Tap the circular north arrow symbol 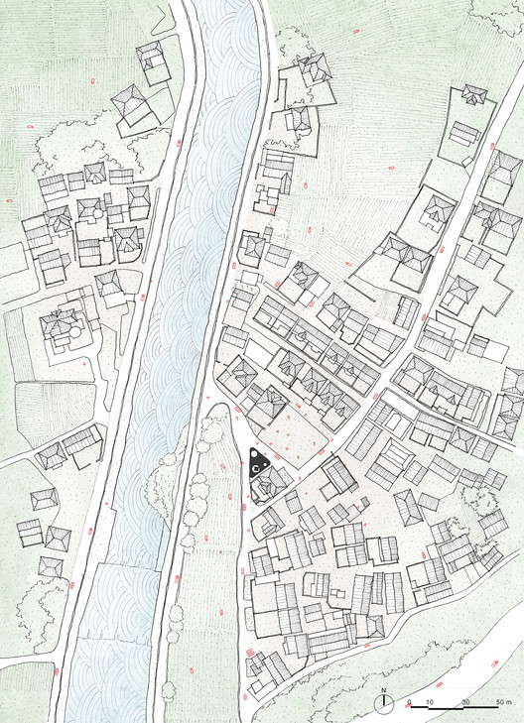pos(385,702)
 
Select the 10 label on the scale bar pos(429,702)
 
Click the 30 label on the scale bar pos(465,702)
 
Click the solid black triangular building pos(257,463)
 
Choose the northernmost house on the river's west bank pos(152,61)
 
